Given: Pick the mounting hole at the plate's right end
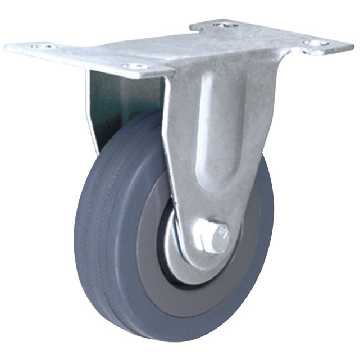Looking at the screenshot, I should pyautogui.click(x=318, y=43).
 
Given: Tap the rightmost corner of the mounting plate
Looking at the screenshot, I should pyautogui.click(x=352, y=43).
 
